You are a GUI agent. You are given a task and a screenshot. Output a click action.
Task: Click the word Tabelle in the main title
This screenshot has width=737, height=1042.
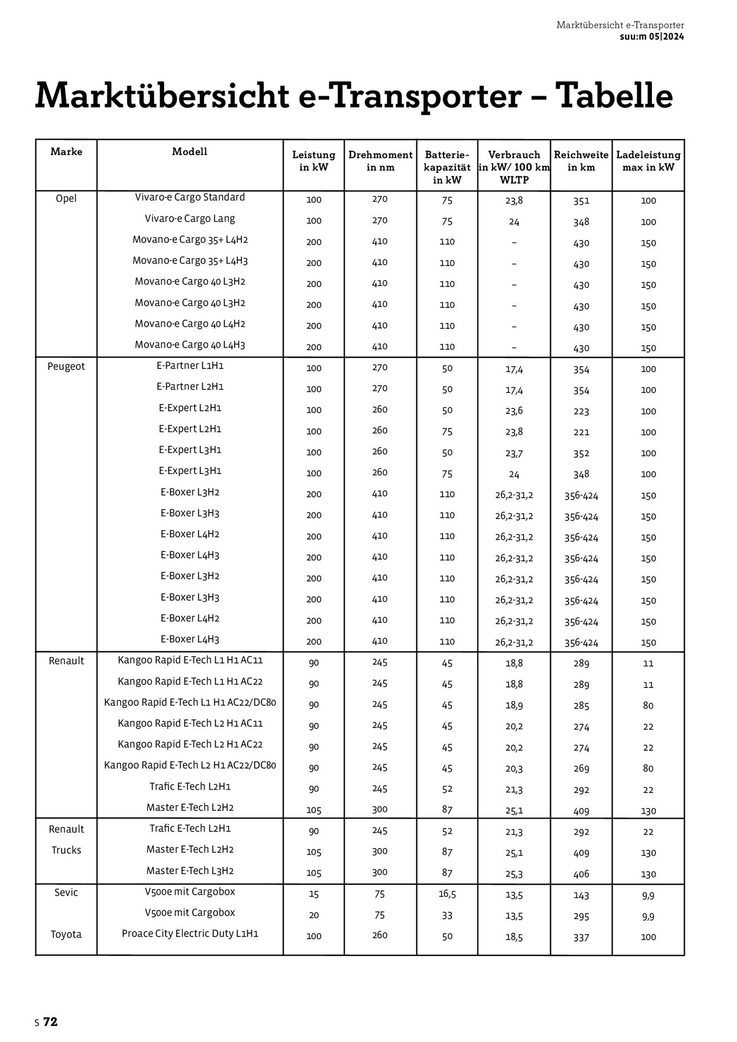(x=615, y=96)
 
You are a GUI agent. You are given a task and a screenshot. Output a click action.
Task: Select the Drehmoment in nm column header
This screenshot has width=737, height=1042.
(x=380, y=161)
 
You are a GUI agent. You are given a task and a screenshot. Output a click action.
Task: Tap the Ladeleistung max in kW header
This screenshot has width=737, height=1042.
(x=648, y=161)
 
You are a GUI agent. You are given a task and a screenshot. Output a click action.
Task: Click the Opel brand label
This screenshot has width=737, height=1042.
(x=66, y=198)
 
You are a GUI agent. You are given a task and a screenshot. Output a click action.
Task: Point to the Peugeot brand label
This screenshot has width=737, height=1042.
(x=66, y=367)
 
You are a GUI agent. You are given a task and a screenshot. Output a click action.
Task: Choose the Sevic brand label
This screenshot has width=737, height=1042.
(x=66, y=893)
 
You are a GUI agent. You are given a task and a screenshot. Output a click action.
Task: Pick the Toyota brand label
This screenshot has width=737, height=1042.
(x=66, y=934)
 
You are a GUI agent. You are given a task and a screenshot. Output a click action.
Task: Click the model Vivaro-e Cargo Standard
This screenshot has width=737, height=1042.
(x=190, y=197)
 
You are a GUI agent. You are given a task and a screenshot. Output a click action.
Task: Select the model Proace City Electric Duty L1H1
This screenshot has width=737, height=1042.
(x=190, y=934)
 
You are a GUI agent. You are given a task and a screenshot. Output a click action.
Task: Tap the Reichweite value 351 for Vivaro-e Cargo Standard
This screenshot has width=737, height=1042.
(x=581, y=201)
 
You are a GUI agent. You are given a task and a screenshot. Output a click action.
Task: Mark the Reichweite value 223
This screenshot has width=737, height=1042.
(x=581, y=412)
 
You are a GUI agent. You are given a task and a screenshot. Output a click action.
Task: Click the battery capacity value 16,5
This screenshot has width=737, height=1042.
(x=447, y=894)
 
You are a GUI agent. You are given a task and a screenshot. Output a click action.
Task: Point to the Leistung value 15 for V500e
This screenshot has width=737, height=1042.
(x=313, y=895)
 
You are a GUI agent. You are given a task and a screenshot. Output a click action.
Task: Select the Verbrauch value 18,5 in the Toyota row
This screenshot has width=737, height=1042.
(x=514, y=937)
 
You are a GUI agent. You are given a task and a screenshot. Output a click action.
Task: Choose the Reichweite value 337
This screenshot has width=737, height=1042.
(x=581, y=938)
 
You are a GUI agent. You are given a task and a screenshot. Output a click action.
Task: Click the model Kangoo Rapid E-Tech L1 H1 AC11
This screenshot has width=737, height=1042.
(x=190, y=660)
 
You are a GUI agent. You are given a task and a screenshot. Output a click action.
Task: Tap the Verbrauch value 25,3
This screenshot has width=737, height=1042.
(x=514, y=874)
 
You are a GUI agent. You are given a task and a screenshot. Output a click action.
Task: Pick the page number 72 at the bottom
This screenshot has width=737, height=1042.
(x=51, y=1022)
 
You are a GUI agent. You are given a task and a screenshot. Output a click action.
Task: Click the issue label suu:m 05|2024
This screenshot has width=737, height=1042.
(x=651, y=37)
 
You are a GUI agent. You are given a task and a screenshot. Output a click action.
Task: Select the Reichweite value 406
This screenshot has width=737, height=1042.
(x=581, y=874)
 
